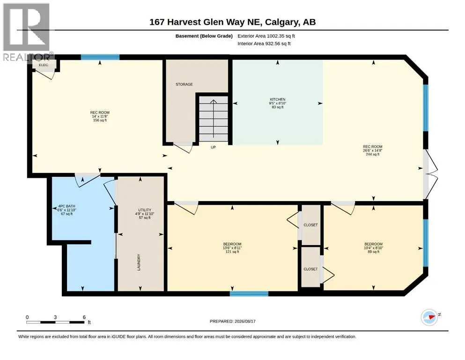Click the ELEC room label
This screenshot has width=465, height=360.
44,65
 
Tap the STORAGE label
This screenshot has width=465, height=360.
184,84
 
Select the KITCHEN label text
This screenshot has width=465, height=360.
278,99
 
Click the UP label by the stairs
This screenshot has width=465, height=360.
213,147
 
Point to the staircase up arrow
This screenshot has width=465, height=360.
214,119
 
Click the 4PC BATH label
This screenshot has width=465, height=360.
66,206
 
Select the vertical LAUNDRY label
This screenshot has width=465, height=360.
139,262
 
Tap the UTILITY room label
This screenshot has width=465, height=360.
145,210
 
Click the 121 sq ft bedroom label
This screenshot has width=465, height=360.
232,244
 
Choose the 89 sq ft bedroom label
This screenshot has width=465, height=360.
374,244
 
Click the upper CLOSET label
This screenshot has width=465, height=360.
311,225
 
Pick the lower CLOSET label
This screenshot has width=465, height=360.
311,269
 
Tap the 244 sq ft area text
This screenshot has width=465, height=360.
373,154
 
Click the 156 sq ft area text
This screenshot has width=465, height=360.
100,120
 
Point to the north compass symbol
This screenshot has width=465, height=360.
429,317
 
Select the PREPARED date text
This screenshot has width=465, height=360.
232,322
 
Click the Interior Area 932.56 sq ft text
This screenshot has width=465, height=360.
264,44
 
